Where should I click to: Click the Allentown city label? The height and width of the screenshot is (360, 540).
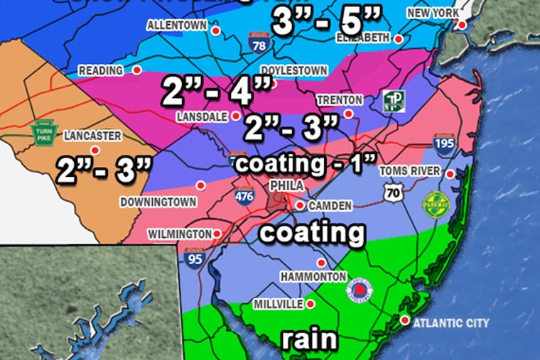(176, 25)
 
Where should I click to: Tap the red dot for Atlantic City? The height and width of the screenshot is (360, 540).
(404, 321)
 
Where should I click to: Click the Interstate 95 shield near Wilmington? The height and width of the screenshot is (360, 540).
(190, 261)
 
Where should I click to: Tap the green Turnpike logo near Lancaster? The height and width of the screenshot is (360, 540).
(44, 133)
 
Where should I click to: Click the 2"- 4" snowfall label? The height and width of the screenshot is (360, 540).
(217, 91)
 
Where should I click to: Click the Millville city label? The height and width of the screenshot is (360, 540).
(279, 304)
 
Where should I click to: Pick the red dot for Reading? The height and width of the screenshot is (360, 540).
(136, 70)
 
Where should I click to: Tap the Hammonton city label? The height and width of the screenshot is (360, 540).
(313, 276)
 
